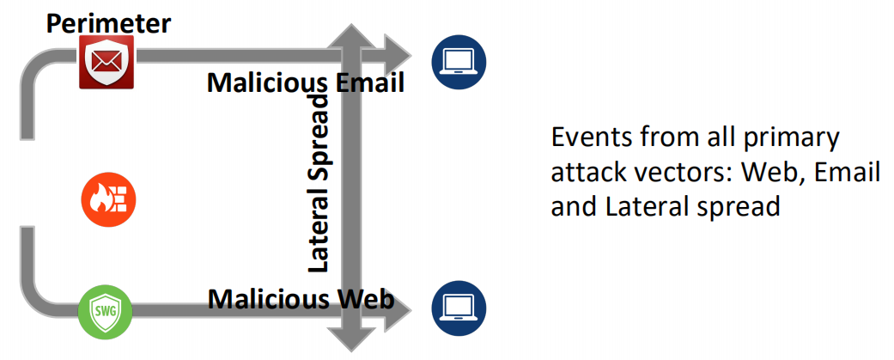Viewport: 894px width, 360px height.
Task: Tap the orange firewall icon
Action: [108, 200]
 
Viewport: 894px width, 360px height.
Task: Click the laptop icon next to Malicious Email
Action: [459, 61]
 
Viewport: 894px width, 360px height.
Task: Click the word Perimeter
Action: [108, 23]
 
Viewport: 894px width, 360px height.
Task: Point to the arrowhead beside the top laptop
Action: [398, 57]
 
